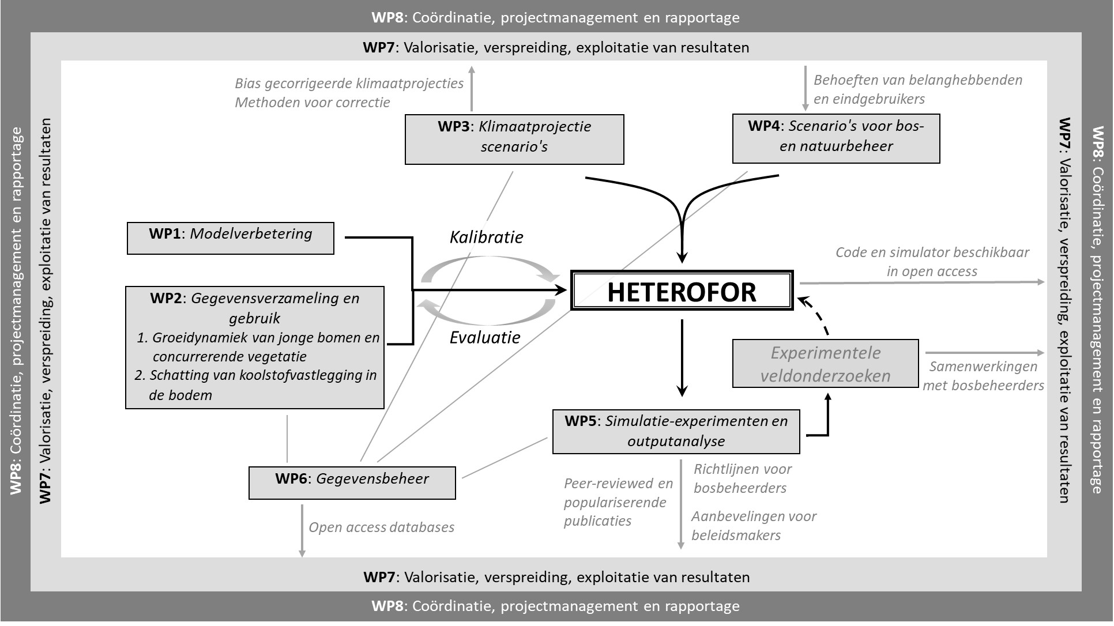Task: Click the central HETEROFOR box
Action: click(682, 291)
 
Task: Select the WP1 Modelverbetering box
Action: click(231, 238)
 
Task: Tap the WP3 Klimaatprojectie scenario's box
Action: click(514, 139)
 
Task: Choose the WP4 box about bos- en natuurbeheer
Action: click(836, 138)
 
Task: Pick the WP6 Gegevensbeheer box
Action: click(352, 483)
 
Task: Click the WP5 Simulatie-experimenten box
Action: click(676, 432)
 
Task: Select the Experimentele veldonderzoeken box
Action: click(826, 363)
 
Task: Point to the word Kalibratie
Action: click(487, 237)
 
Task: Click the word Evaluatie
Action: click(485, 337)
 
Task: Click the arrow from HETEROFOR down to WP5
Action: click(682, 357)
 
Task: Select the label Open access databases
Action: click(382, 527)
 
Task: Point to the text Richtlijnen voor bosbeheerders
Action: click(743, 478)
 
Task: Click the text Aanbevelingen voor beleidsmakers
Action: click(754, 526)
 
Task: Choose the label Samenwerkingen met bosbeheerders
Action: click(984, 376)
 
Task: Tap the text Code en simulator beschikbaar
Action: click(932, 252)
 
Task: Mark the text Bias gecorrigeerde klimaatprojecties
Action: click(349, 84)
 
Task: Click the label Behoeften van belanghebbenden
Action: click(918, 80)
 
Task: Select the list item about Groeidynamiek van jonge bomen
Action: click(258, 346)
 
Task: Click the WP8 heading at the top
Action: click(556, 17)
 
